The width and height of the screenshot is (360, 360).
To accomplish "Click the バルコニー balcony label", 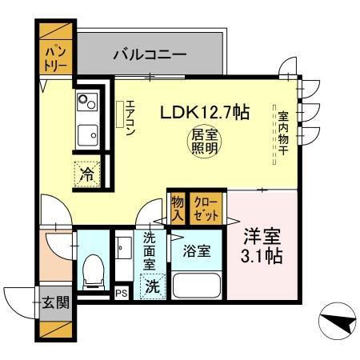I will [x=150, y=55].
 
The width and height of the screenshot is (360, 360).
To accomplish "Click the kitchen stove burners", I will [x=86, y=102].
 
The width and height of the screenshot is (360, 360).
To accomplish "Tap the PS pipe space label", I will [x=122, y=294].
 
